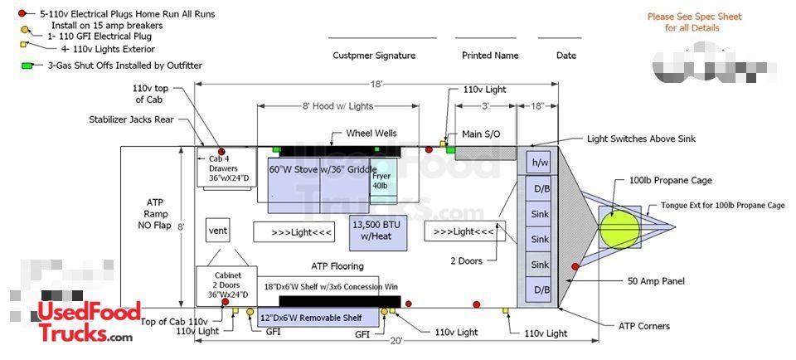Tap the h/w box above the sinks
541,163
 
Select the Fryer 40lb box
381,180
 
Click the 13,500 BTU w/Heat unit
378,231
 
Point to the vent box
217,230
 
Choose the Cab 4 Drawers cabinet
222,168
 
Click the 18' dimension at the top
376,85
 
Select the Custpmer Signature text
374,56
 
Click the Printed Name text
490,56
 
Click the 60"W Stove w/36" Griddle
322,169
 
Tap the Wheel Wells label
371,134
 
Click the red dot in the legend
22,14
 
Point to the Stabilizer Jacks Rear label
131,119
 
